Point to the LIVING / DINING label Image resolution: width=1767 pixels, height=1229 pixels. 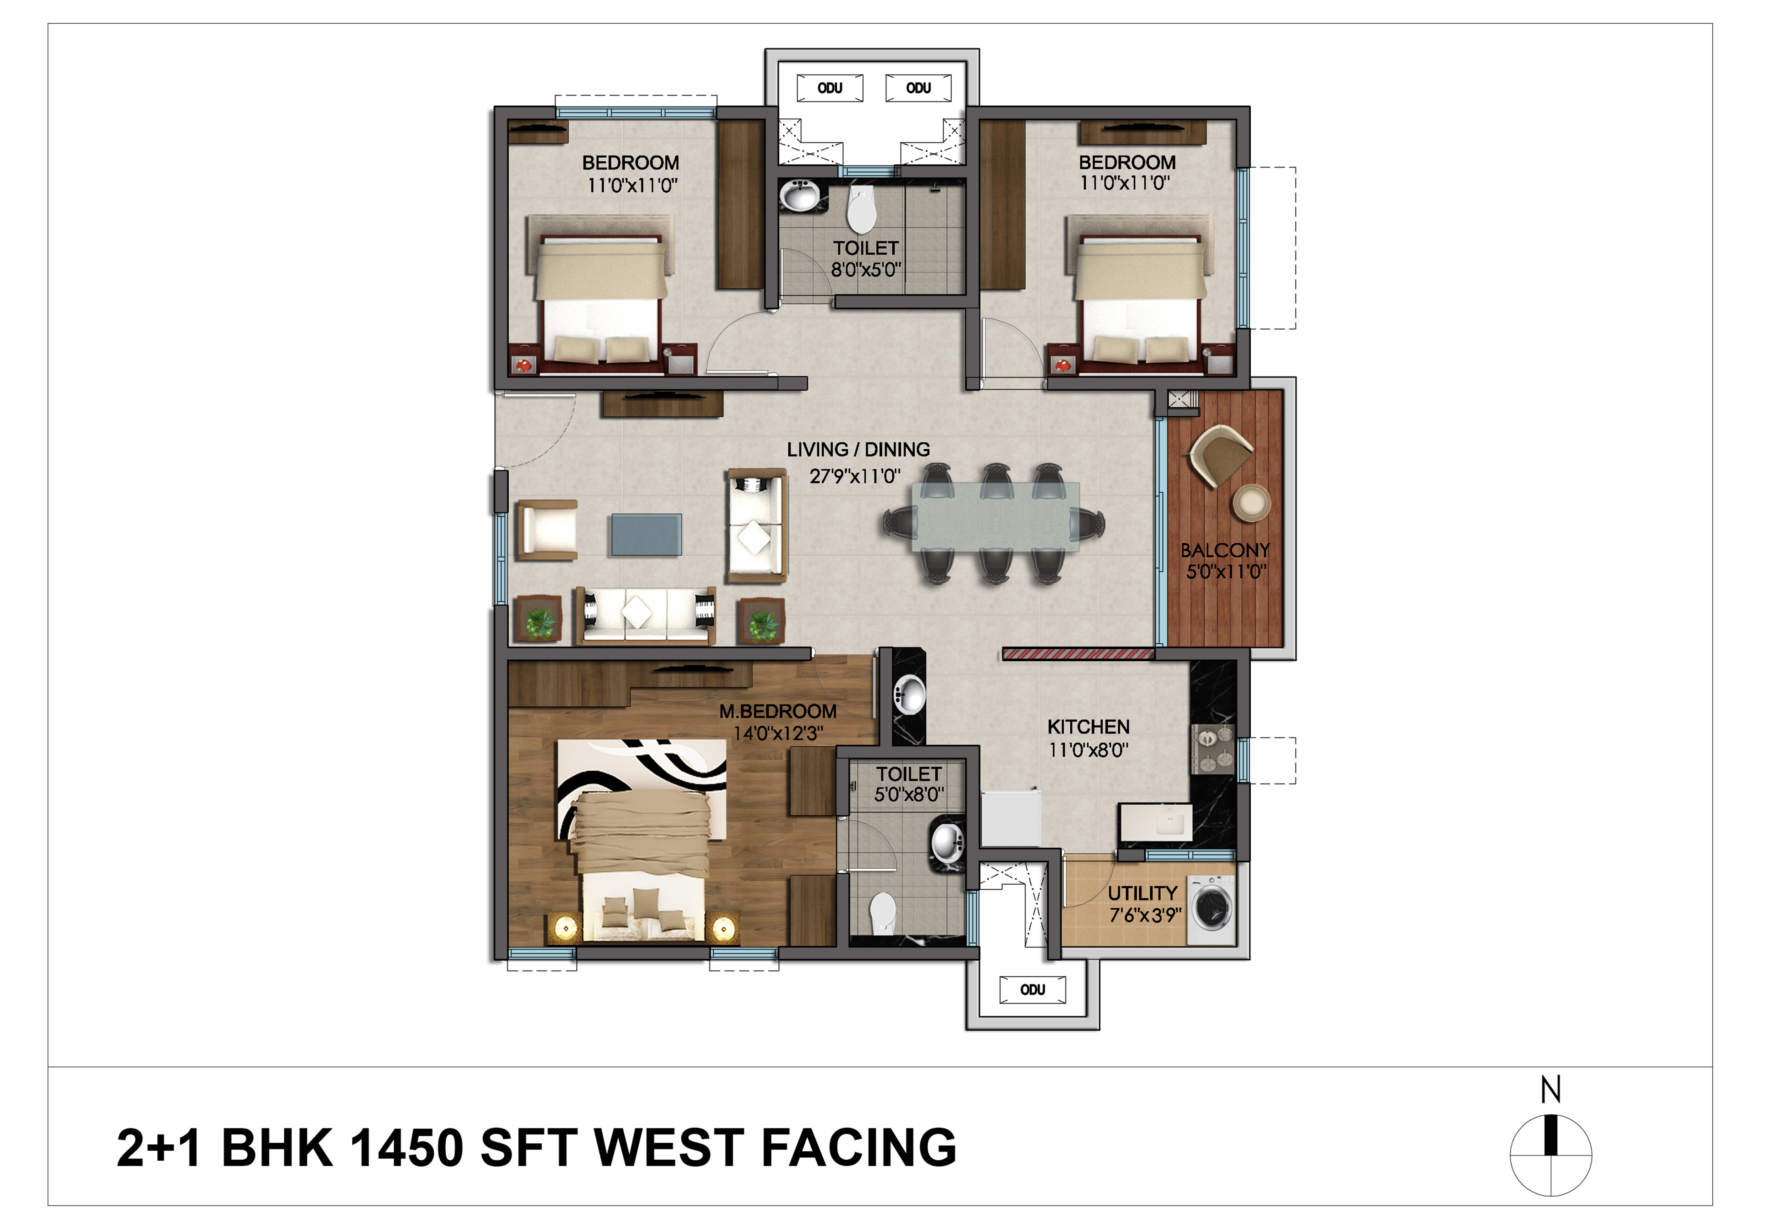pos(858,450)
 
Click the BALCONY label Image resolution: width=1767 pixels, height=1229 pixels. pos(1225,550)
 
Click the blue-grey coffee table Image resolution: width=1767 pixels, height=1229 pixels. pos(647,535)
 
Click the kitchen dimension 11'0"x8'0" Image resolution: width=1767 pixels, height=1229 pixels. pos(1088,750)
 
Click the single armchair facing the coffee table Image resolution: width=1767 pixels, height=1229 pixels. pos(547,529)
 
